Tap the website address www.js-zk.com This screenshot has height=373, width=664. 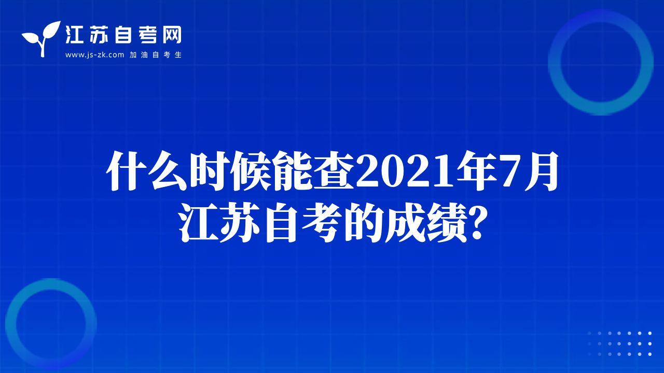[94, 55]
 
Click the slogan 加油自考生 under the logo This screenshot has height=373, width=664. [156, 55]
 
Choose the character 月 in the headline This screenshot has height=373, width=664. [541, 171]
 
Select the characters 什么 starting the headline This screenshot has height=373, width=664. [147, 171]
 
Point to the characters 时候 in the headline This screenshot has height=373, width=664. [230, 171]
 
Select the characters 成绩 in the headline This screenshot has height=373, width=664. [426, 223]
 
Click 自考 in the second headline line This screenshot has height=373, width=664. [302, 223]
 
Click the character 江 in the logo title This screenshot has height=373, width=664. [74, 35]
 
